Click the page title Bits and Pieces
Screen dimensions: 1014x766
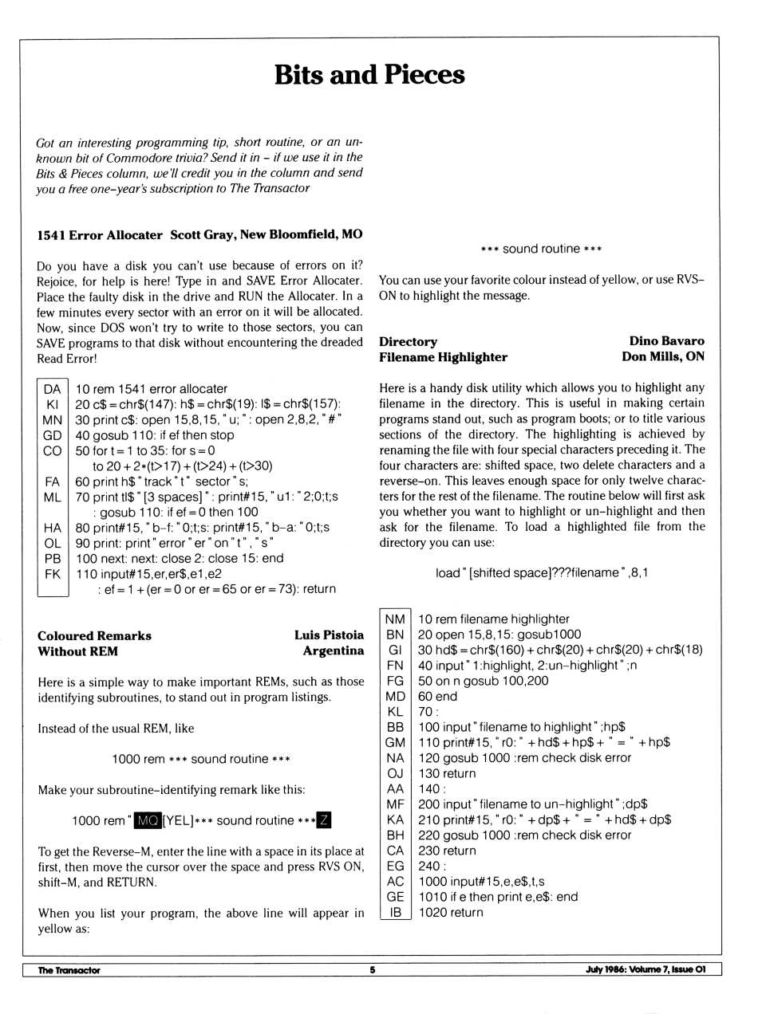click(x=369, y=75)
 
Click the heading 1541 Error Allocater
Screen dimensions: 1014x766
click(x=100, y=235)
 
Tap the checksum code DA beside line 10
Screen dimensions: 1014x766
click(x=52, y=389)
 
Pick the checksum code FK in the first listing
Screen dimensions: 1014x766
click(x=52, y=574)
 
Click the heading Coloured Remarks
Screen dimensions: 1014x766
click(x=94, y=636)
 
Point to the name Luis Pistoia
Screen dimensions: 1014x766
click(x=329, y=636)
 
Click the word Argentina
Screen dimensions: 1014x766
click(x=333, y=651)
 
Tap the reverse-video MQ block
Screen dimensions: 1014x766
click(x=147, y=821)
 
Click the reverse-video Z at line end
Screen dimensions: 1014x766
click(x=323, y=821)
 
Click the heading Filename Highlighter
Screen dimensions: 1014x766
click(x=443, y=357)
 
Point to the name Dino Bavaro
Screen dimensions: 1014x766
click(x=666, y=342)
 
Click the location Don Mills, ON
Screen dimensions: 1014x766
click(x=662, y=357)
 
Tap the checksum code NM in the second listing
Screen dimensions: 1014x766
click(x=394, y=619)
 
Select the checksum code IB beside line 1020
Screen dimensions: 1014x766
click(x=394, y=913)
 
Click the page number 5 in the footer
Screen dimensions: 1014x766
click(x=372, y=970)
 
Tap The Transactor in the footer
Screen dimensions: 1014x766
click(x=69, y=970)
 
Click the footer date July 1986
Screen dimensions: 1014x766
click(x=605, y=970)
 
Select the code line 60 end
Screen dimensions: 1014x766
click(x=437, y=697)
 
